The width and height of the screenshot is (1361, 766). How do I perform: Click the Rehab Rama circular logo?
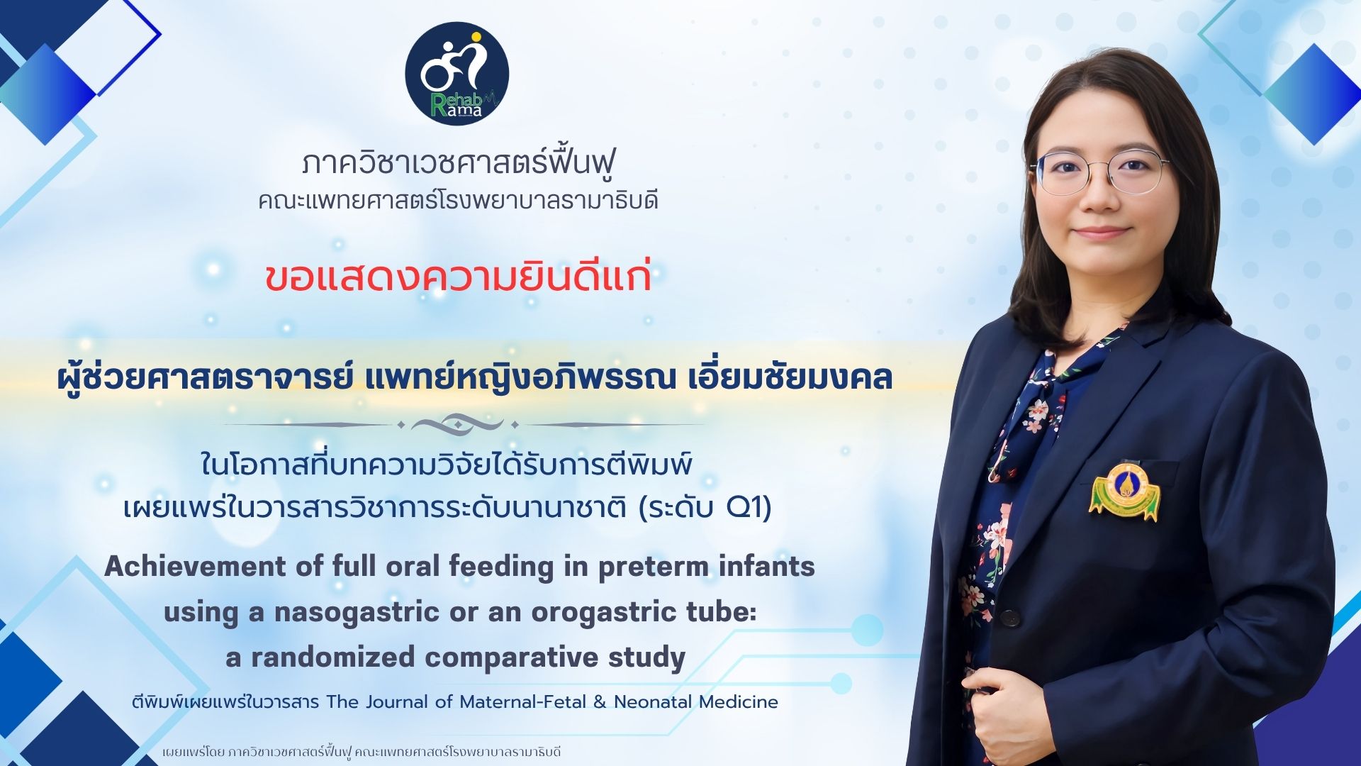pyautogui.click(x=457, y=74)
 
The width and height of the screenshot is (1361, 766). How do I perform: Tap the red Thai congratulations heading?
pyautogui.click(x=458, y=277)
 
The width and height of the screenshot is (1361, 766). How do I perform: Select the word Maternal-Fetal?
pyautogui.click(x=522, y=701)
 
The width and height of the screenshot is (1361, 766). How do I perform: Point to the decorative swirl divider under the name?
pyautogui.click(x=457, y=425)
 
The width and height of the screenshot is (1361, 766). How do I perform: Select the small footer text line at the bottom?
pyautogui.click(x=362, y=751)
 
